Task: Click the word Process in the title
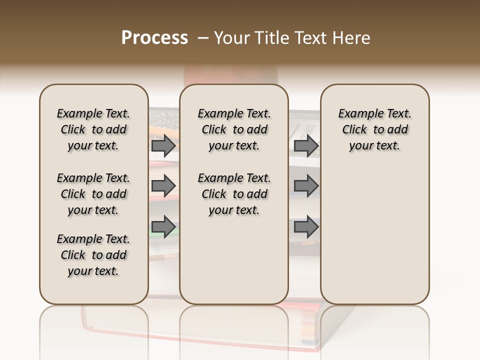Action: [154, 38]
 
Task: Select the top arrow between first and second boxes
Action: [163, 146]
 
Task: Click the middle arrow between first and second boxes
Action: [163, 186]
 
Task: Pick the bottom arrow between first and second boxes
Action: [163, 227]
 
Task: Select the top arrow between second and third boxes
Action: [306, 146]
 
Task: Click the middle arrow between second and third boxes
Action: [306, 186]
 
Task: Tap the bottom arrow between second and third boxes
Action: [306, 227]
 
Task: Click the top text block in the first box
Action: [93, 129]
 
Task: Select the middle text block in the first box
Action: [93, 194]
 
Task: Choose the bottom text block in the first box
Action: [93, 255]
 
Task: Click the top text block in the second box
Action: [234, 129]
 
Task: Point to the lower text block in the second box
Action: [234, 194]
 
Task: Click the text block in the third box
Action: [375, 129]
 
